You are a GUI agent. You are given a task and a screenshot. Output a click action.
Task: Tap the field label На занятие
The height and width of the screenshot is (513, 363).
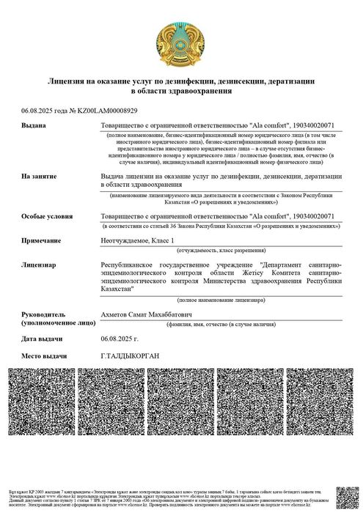[40, 177]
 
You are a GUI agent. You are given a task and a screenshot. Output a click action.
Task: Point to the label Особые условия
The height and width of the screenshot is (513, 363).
[47, 218]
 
